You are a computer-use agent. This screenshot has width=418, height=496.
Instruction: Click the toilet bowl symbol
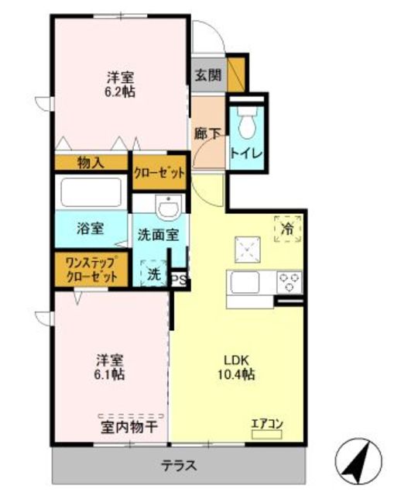coord(248,122)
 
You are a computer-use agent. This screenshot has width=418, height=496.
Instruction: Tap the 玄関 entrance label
coord(207,75)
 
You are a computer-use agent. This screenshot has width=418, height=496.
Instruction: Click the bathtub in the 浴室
coord(91,192)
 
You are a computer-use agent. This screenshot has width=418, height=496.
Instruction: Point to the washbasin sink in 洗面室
coord(169,207)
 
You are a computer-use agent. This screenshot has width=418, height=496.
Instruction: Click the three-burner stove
coord(289,282)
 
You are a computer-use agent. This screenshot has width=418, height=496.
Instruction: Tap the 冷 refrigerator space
coord(288,229)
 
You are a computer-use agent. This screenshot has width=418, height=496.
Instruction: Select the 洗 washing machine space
coord(153,273)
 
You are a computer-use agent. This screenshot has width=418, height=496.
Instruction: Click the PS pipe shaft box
coord(179,280)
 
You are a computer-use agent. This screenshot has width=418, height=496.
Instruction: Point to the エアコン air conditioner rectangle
coord(266,435)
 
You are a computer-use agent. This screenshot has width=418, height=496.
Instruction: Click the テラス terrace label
coord(179,466)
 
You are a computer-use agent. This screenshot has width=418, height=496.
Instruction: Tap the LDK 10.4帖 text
coord(236,367)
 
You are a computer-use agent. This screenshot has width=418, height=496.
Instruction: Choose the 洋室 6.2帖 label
coord(121,84)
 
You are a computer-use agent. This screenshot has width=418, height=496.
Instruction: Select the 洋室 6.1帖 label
coord(110,367)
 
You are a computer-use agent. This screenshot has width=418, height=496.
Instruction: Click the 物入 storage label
coord(91,163)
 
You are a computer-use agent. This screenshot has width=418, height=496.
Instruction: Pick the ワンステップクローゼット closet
coord(91,270)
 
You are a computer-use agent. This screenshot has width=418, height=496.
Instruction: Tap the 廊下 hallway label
coord(207,134)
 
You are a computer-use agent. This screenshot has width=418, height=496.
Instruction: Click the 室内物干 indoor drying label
coord(129,427)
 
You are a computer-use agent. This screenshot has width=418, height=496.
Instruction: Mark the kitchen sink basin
coord(245,282)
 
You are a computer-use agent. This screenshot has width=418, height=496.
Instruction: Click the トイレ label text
coord(246,153)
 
